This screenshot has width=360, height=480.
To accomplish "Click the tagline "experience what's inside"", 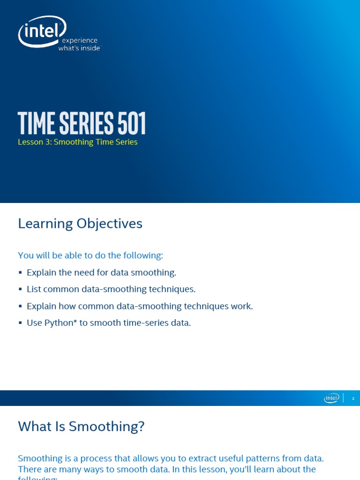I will click(x=79, y=45).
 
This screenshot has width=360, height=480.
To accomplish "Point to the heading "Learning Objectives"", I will click(x=80, y=224).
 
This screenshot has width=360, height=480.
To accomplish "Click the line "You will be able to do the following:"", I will click(x=90, y=255).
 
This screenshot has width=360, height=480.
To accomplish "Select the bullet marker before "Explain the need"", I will click(x=20, y=272).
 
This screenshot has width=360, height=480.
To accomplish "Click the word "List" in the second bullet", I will click(x=34, y=289).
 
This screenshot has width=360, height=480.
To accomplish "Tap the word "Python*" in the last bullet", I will click(x=60, y=323).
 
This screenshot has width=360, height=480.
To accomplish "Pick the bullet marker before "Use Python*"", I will click(x=20, y=323).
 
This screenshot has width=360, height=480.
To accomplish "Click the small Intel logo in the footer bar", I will click(x=331, y=398).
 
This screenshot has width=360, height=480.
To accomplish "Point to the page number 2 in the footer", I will click(x=353, y=398).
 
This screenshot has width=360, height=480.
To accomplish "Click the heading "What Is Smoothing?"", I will click(x=81, y=427).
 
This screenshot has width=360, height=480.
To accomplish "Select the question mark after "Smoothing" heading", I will click(x=141, y=427).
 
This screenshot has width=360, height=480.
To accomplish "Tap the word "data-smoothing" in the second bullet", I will click(x=114, y=289).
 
